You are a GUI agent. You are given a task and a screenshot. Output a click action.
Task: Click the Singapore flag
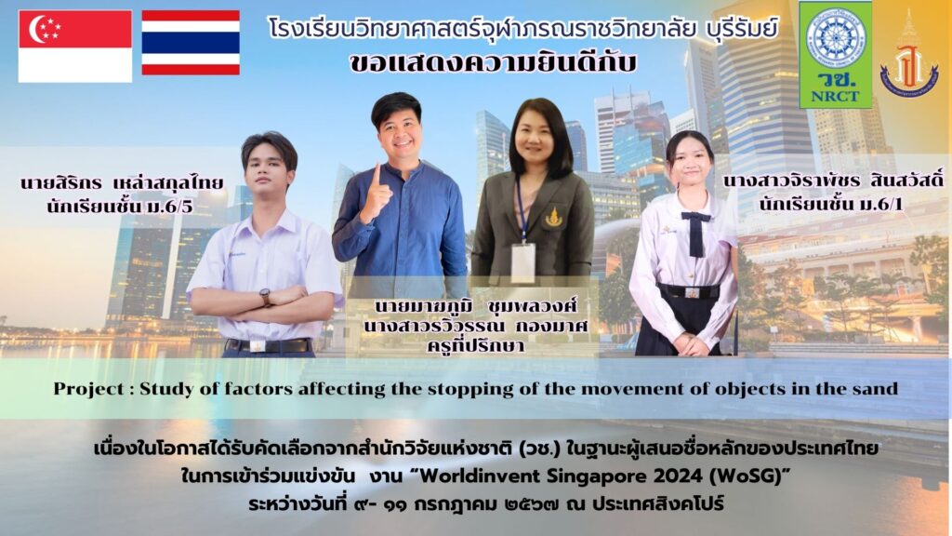tap(75, 47)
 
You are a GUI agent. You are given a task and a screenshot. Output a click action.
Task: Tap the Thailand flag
tap(191, 43)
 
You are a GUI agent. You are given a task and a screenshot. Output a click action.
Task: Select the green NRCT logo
tap(836, 54)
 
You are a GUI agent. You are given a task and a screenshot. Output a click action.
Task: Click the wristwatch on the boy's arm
tap(266, 297)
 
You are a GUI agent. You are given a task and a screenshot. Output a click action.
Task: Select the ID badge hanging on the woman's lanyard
tap(523, 262)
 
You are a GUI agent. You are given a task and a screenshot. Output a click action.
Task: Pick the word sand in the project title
tap(878, 389)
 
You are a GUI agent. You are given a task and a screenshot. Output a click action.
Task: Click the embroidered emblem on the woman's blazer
tap(554, 217)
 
